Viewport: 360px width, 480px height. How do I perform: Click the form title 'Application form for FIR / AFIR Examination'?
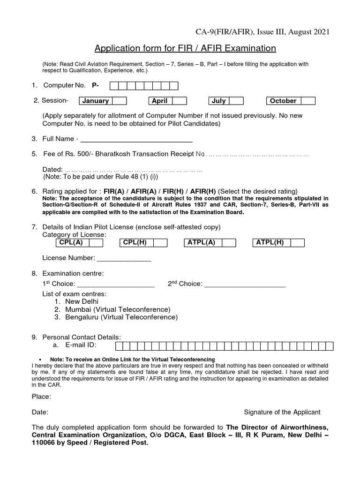[185, 48]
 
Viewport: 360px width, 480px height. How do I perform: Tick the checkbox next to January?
[120, 101]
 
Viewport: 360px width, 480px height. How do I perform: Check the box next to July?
[236, 101]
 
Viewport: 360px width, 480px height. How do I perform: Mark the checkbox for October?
[308, 101]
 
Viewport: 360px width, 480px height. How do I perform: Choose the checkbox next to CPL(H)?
[160, 242]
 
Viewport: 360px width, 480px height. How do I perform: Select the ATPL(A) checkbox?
[229, 242]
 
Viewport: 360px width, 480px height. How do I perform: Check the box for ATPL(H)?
[297, 242]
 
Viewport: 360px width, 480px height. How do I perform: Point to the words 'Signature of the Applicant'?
[282, 412]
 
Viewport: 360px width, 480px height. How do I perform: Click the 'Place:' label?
[41, 397]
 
